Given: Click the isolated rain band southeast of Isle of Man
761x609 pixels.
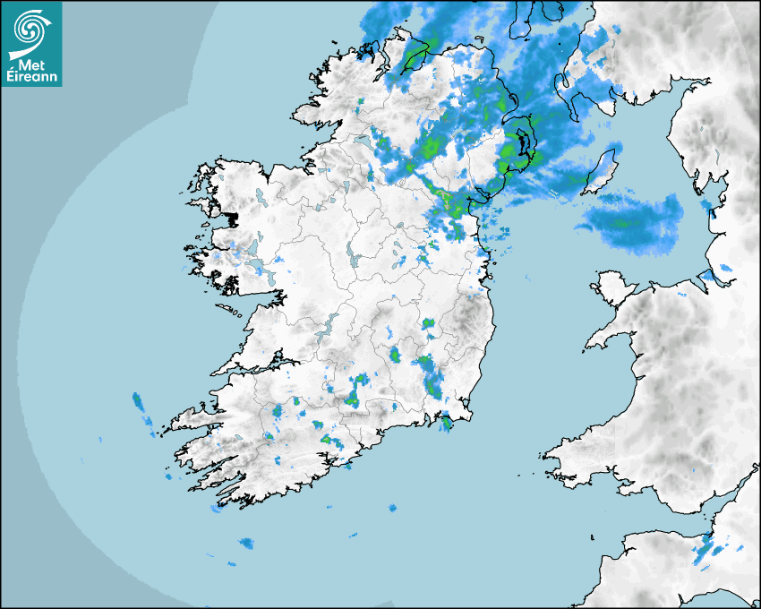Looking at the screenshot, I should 631,219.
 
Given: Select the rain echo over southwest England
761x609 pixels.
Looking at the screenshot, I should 707,551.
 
